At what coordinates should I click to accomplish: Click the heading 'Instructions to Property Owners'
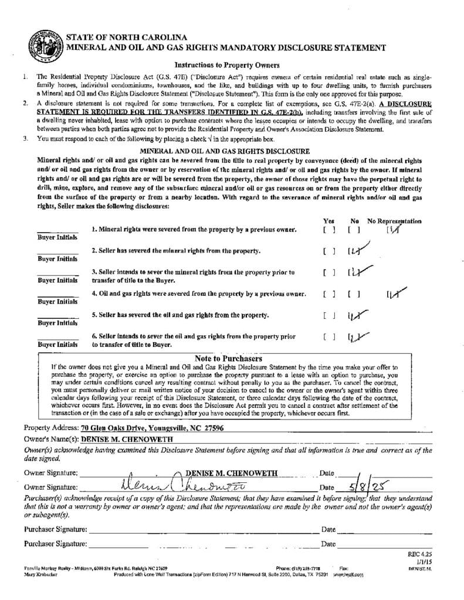[x=226, y=65]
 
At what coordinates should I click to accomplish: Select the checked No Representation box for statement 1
[x=392, y=230]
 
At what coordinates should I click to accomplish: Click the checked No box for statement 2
[x=354, y=251]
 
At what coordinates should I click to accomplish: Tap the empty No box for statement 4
[x=354, y=294]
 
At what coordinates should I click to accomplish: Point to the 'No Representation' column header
[x=394, y=221]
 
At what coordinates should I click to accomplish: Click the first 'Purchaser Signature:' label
[x=56, y=529]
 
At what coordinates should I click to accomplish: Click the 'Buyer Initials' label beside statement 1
[x=57, y=237]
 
